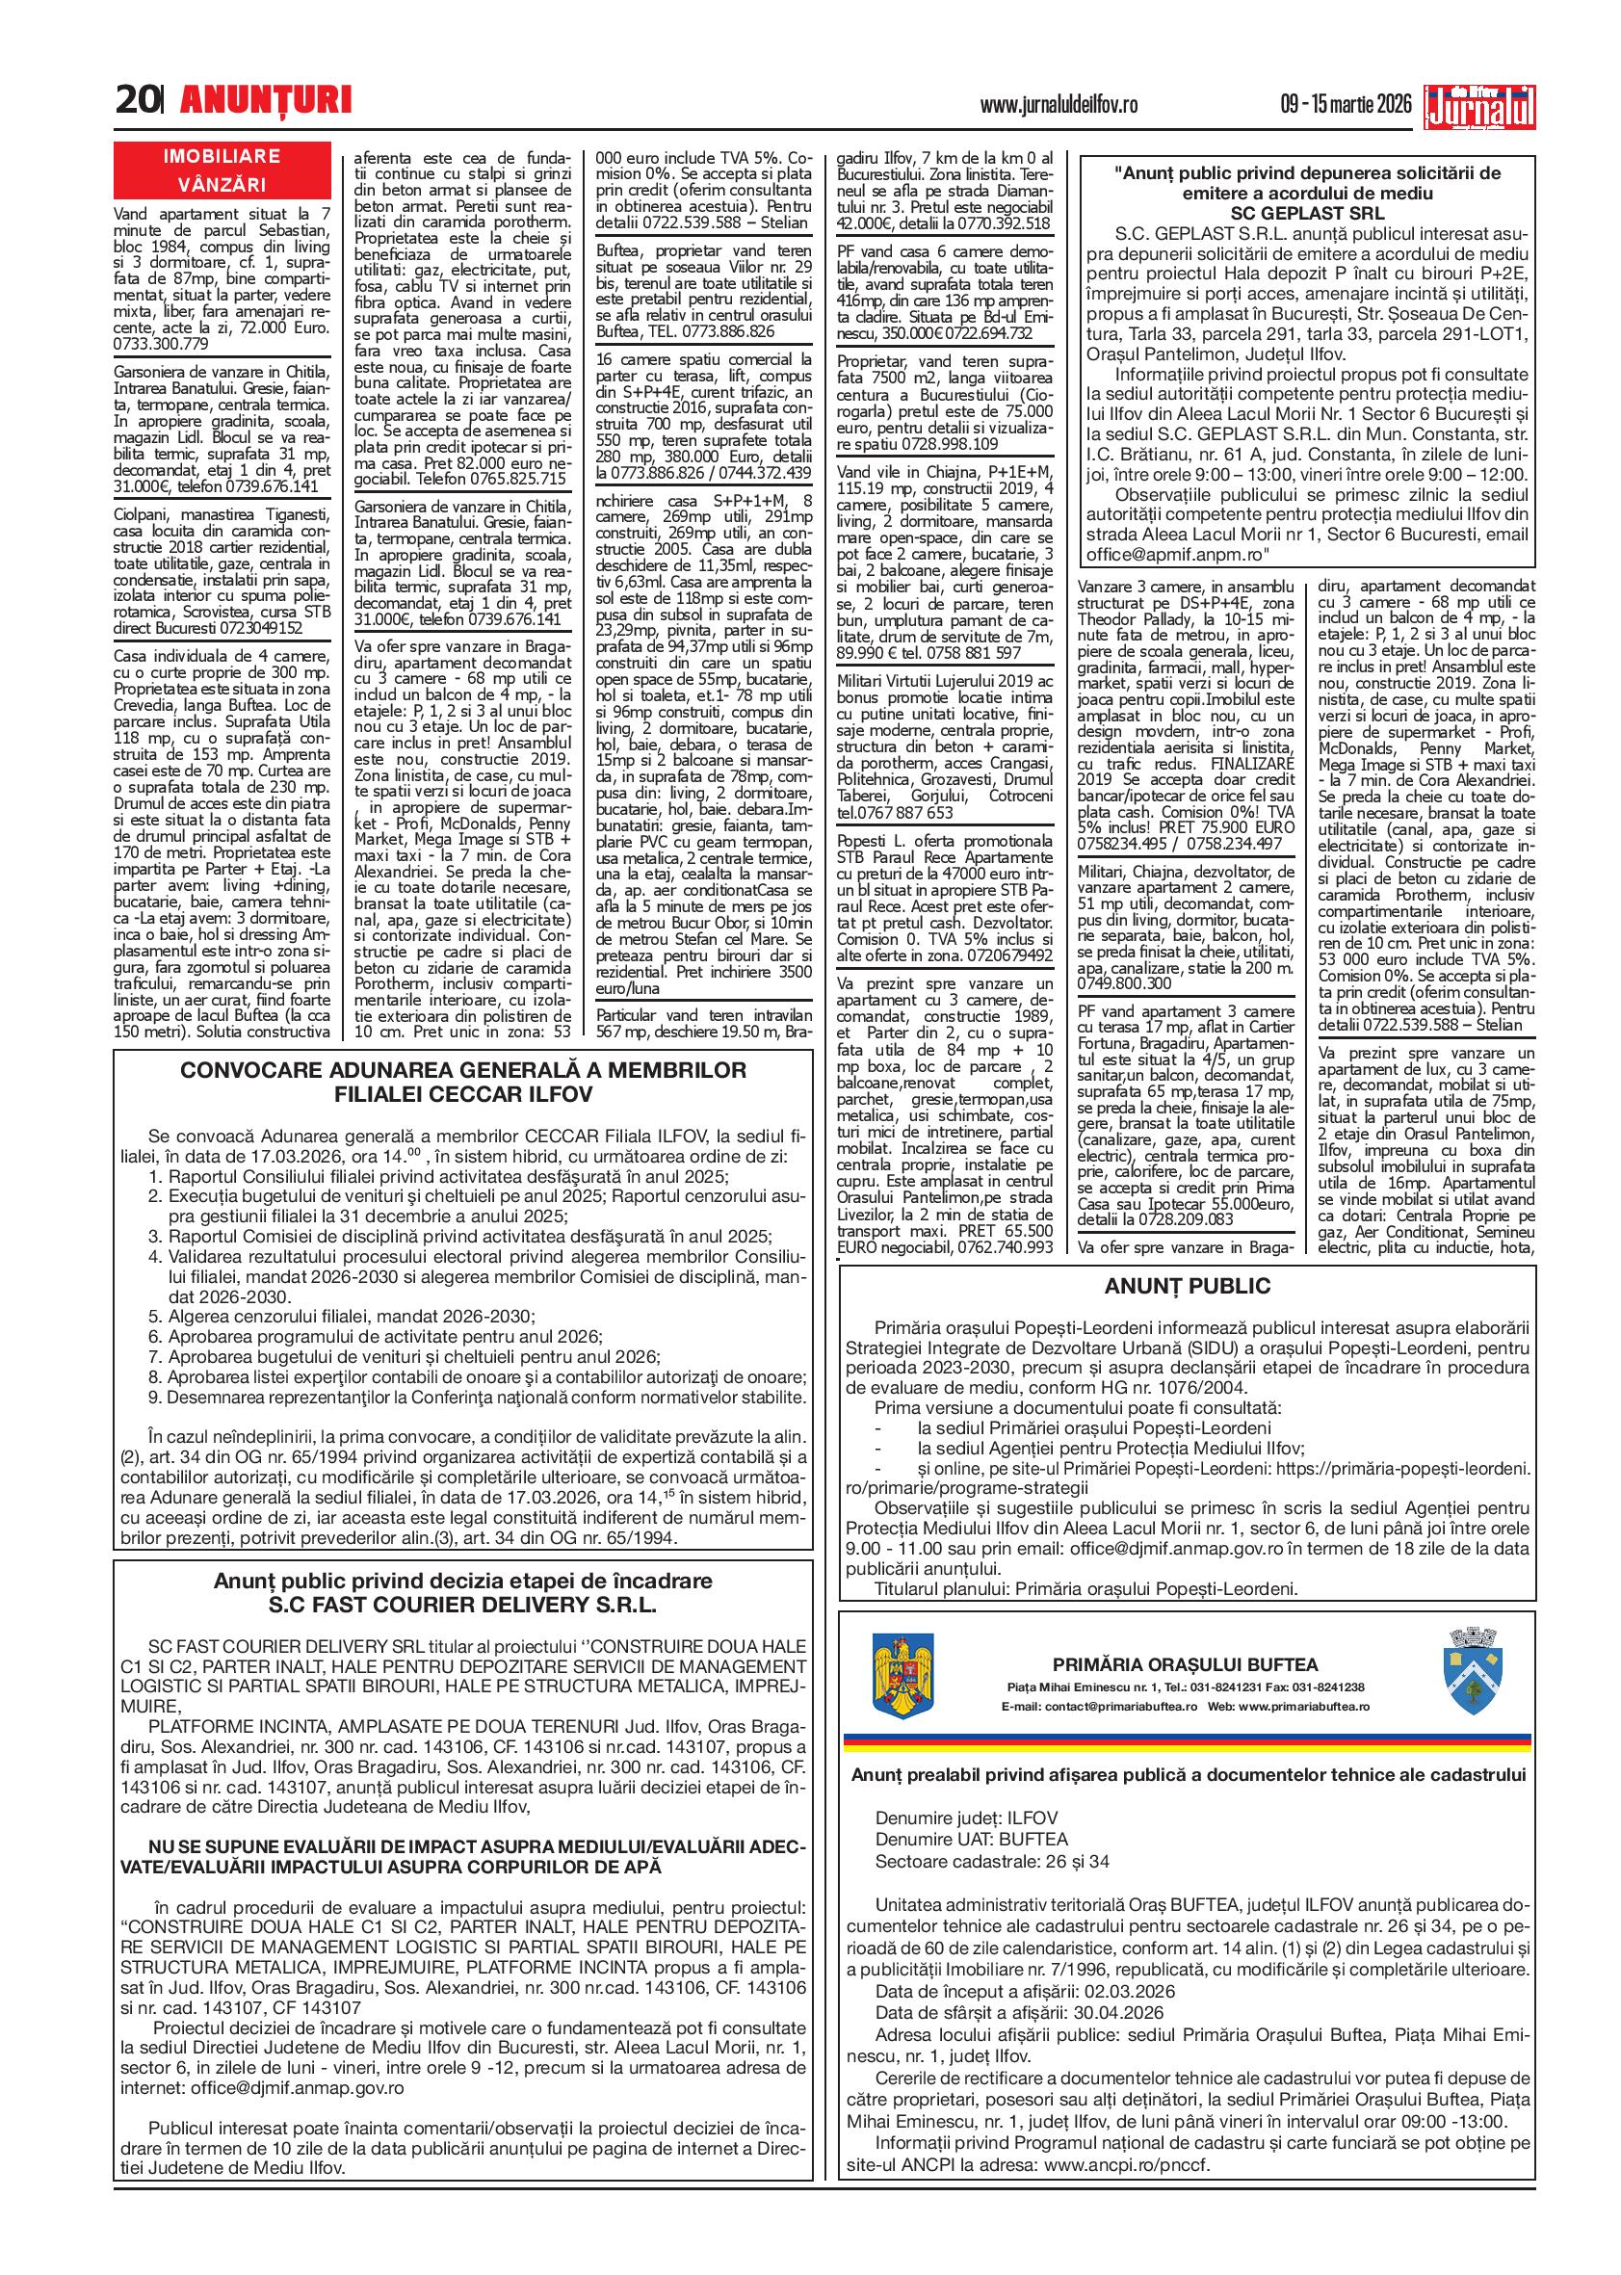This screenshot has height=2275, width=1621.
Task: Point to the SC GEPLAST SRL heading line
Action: [1307, 213]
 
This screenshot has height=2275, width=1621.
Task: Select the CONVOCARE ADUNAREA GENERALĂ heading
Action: [462, 1070]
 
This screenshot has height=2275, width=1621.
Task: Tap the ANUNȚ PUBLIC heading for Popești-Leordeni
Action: [1187, 1287]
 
